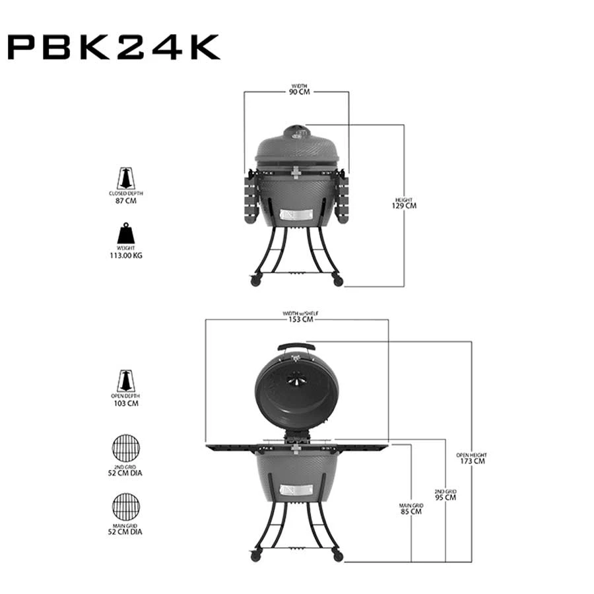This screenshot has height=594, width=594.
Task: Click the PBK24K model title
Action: (114, 47)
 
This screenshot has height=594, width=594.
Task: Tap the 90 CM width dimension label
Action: (299, 92)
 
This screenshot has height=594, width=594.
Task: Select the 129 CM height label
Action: (404, 206)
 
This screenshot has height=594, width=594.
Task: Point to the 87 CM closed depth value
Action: (126, 201)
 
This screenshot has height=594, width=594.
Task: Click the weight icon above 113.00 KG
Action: (126, 234)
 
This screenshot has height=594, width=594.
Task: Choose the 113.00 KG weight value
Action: (126, 255)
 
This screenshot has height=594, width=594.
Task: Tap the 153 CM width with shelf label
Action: (301, 319)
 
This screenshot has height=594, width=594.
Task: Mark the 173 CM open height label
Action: (473, 461)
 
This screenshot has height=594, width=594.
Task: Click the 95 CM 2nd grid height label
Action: (445, 498)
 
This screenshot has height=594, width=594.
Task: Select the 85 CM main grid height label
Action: (411, 511)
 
